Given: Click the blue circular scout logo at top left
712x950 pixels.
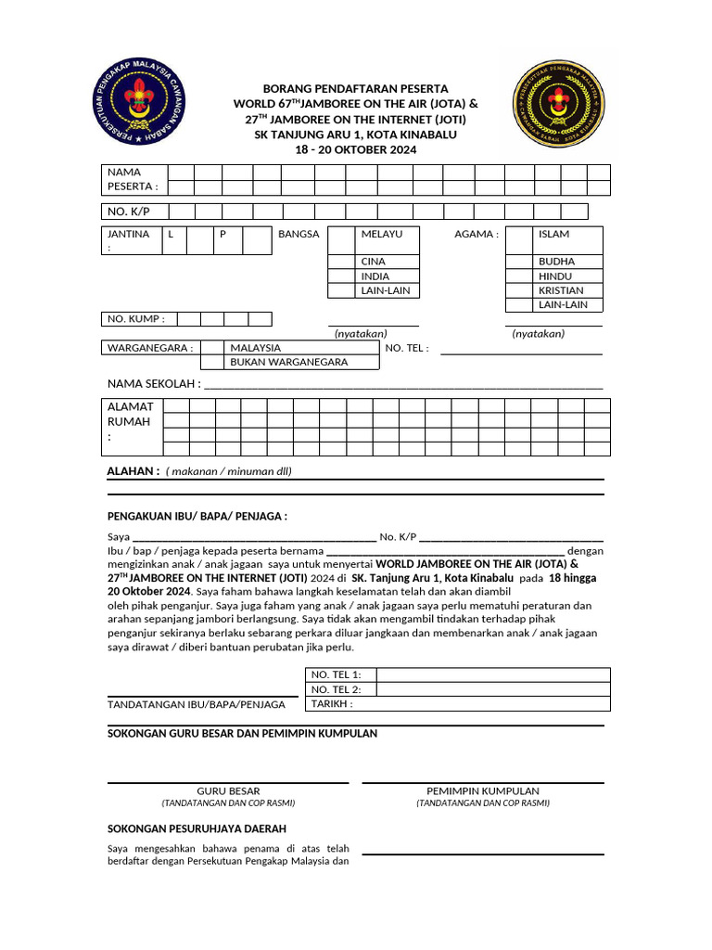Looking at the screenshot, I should (x=140, y=104).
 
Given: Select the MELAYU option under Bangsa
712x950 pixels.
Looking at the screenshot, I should (x=388, y=234).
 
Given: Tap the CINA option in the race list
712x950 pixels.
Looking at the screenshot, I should (x=388, y=262).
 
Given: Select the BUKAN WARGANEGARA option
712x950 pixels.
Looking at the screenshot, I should (x=288, y=362).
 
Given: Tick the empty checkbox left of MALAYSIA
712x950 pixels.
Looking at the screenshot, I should (x=212, y=348).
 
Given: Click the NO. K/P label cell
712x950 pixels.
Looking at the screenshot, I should (x=133, y=212).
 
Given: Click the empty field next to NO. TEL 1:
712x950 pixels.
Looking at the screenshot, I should (x=492, y=674).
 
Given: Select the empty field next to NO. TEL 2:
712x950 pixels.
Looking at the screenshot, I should (x=492, y=689).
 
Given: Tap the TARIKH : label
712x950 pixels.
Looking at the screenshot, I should (x=332, y=703).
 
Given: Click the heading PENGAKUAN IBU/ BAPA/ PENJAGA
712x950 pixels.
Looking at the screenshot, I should (x=197, y=516).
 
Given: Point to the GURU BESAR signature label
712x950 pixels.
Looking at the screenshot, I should (x=228, y=790).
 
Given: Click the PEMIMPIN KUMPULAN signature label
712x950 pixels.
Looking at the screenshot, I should (x=482, y=790).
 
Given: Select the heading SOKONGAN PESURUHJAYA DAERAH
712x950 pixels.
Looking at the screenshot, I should (x=197, y=828).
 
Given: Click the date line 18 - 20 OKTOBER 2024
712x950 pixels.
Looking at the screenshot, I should (x=356, y=149).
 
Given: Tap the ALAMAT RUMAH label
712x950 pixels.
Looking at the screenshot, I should (x=132, y=421).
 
